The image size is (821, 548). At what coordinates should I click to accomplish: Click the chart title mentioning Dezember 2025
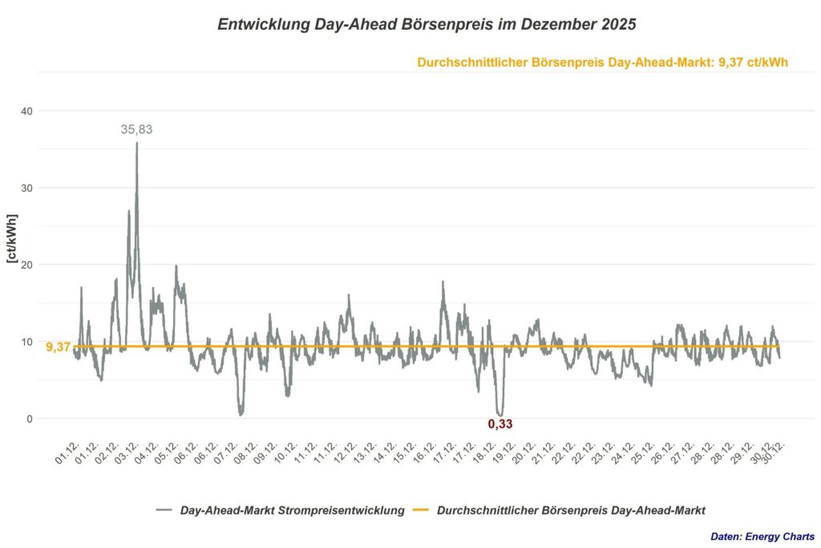tap(427, 25)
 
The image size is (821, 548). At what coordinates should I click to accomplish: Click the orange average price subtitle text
tap(603, 63)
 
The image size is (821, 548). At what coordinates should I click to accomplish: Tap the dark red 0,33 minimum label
tap(500, 424)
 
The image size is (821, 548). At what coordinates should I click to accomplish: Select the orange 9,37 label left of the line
tap(58, 347)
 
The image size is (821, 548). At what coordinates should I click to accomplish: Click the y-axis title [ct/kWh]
tap(12, 239)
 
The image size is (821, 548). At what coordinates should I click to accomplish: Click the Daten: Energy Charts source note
tap(762, 536)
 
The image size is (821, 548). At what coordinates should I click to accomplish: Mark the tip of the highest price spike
tap(137, 144)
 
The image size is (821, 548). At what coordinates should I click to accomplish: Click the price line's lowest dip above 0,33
tap(500, 414)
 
